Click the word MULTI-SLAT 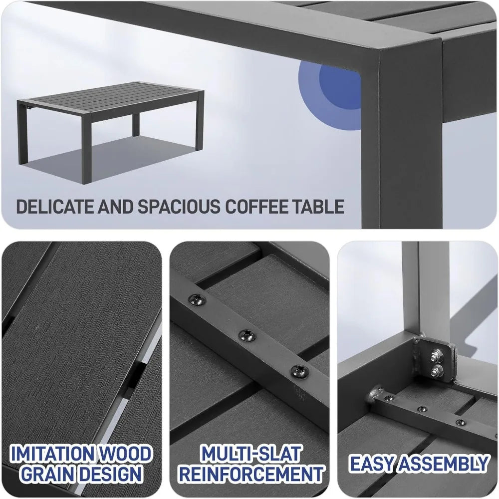[251, 455]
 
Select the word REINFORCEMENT [251, 474]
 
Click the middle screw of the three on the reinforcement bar [245, 334]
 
